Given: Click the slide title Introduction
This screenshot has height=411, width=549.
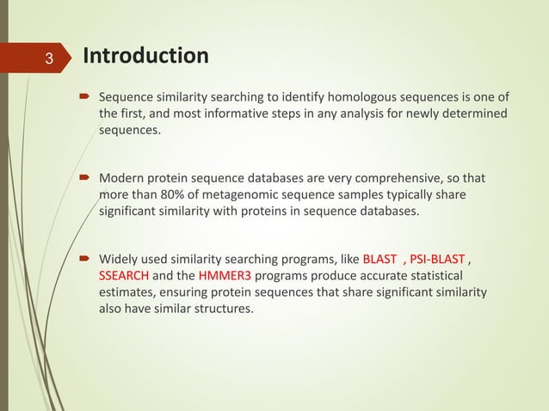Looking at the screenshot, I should [145, 57].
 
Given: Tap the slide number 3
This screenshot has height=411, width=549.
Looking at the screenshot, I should [49, 59].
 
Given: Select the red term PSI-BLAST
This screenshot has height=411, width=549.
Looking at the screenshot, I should [437, 259].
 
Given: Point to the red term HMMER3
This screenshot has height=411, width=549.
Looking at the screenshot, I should [224, 276].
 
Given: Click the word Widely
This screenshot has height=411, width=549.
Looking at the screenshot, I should [120, 259].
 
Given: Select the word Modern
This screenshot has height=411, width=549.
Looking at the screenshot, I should [123, 178].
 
